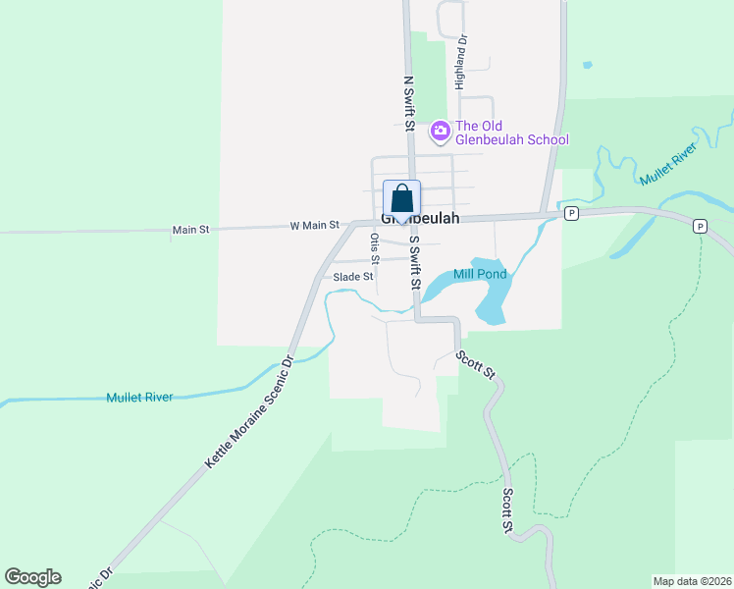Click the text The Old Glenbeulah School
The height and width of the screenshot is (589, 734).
pos(511,133)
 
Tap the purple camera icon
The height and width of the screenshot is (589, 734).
pos(440,130)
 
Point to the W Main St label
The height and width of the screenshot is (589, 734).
pos(314,226)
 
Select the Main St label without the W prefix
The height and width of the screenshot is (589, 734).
pos(191,230)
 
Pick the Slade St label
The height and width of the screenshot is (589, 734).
pos(353,277)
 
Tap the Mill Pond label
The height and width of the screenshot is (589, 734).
pos(481,274)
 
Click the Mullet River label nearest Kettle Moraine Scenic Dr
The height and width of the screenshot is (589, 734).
pos(139,398)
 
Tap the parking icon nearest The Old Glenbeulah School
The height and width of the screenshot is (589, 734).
pos(571,213)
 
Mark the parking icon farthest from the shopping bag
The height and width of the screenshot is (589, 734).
pos(700,227)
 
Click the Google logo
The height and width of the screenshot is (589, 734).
pos(32,577)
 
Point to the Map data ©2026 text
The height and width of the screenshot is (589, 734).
pos(692,581)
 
